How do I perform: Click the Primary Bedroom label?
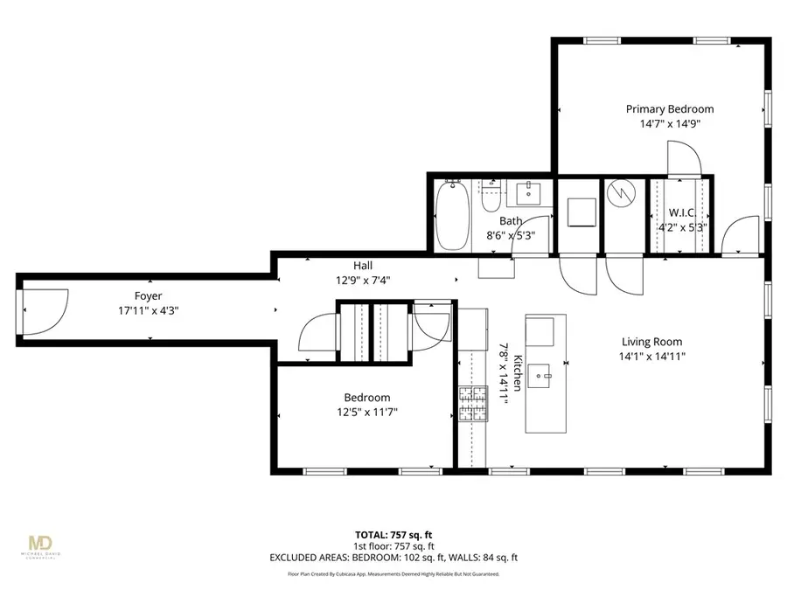click(669, 109)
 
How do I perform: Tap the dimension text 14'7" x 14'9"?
click(669, 124)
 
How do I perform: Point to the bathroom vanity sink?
click(528, 192)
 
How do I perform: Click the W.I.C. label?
click(682, 212)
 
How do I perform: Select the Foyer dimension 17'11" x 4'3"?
click(149, 310)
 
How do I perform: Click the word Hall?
click(363, 266)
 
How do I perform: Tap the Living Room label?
click(651, 342)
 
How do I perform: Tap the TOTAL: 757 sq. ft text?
click(392, 533)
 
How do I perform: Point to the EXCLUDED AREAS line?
click(392, 557)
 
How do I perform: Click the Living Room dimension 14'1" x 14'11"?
click(651, 357)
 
